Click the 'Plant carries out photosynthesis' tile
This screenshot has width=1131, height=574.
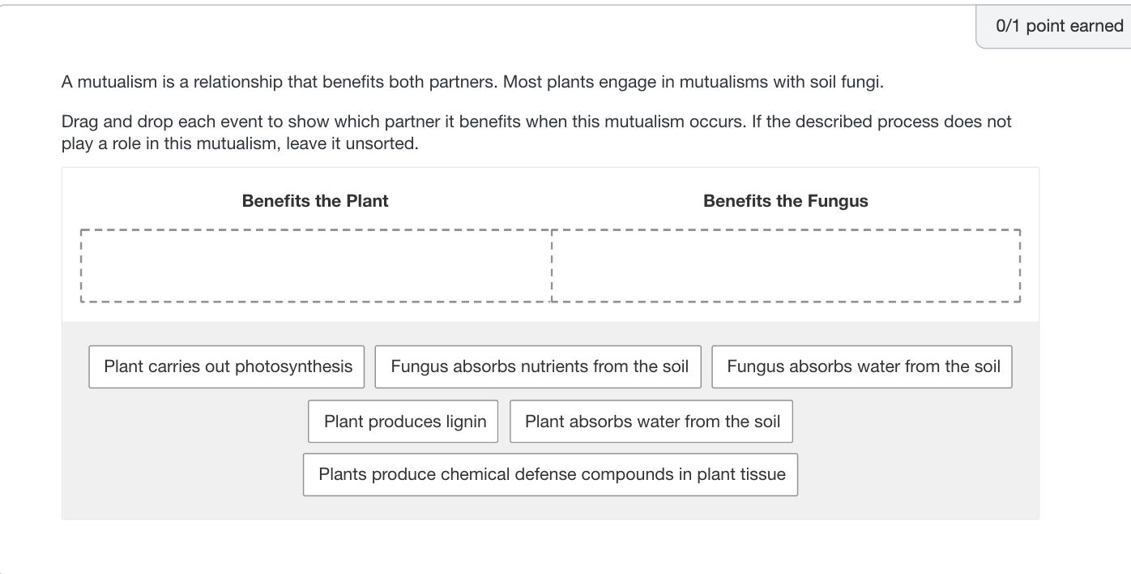coord(227,366)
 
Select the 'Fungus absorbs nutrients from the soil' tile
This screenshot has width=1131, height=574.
coord(539,366)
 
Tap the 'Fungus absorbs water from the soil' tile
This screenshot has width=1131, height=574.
coord(862,366)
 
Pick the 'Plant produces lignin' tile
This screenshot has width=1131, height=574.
coord(403,422)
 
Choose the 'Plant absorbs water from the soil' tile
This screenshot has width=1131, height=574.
coord(651,422)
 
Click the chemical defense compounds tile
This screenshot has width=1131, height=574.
coord(551,475)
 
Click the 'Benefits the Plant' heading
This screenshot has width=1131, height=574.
coord(315,201)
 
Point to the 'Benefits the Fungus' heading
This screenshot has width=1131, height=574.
coord(785,201)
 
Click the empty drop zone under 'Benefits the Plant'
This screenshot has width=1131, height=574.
coord(316,265)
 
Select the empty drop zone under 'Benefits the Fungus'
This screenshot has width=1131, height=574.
coord(785,265)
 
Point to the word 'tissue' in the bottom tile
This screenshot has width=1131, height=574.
coord(762,475)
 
